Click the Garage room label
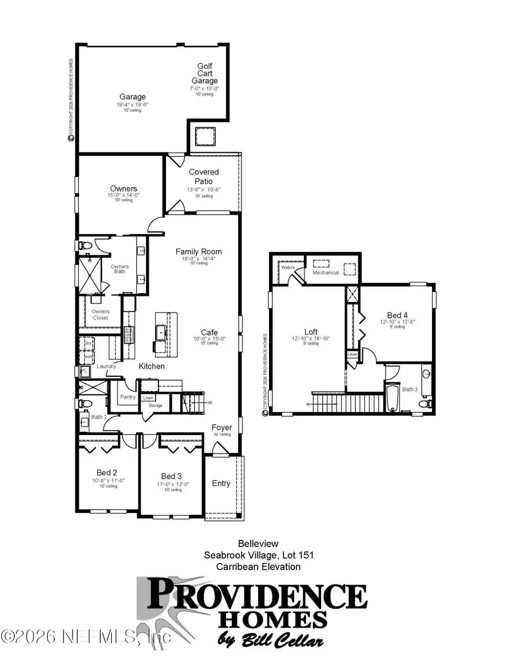[132, 97]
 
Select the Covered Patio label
[204, 176]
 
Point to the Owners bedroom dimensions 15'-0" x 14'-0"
[124, 195]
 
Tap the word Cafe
[209, 332]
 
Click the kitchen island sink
[161, 331]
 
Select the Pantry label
[126, 396]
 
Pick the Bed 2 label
[107, 472]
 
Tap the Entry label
[221, 483]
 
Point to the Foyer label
[221, 427]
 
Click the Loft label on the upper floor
[311, 331]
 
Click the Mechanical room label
[326, 273]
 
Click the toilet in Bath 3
[424, 404]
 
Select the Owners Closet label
[101, 314]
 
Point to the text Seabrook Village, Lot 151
[259, 555]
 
